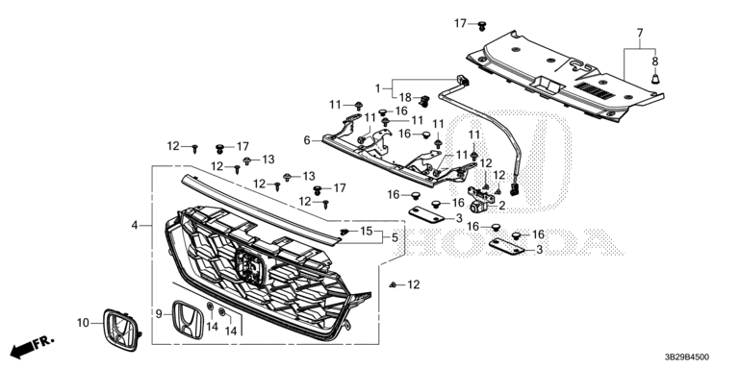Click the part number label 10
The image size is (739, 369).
coord(83,323)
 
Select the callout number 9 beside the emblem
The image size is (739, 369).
coord(159,312)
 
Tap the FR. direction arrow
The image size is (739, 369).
coord(32,346)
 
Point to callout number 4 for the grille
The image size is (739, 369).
coord(135,226)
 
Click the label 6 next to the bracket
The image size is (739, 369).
coord(307,140)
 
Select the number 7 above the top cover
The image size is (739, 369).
coord(640,33)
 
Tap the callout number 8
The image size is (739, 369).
coord(655,61)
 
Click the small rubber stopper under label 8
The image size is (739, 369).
coord(655,79)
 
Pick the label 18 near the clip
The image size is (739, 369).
coord(405,97)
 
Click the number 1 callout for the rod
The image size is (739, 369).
coord(377,88)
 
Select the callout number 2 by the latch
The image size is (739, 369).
coord(502,206)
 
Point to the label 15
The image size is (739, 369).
coord(367,231)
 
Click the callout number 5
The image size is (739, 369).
coord(395,238)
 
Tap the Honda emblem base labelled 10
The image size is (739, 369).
coord(120,330)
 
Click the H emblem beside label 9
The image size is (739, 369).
coord(188,321)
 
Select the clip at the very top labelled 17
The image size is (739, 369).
coord(482,26)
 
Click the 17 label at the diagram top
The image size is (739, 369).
coord(461,23)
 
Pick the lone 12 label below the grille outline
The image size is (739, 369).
coord(414,284)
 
